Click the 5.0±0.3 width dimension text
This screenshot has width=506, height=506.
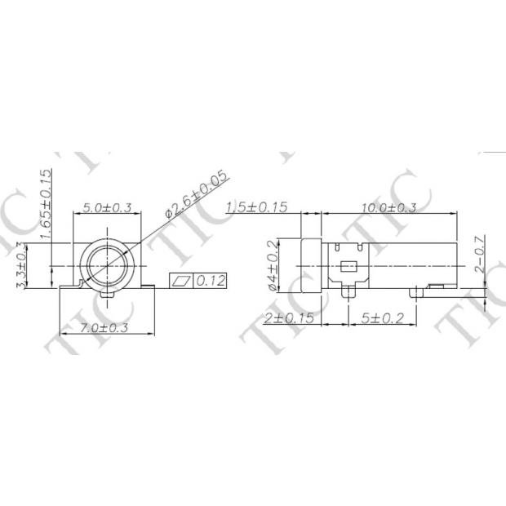(107, 207)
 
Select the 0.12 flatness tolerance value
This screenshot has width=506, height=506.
(211, 281)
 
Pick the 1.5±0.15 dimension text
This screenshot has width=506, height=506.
(257, 207)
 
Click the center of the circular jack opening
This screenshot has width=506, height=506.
(107, 266)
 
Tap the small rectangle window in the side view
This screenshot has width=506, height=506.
(348, 266)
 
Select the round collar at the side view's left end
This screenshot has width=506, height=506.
(310, 266)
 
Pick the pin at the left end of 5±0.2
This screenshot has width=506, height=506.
(348, 291)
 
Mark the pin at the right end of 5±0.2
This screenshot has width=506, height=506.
(418, 290)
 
